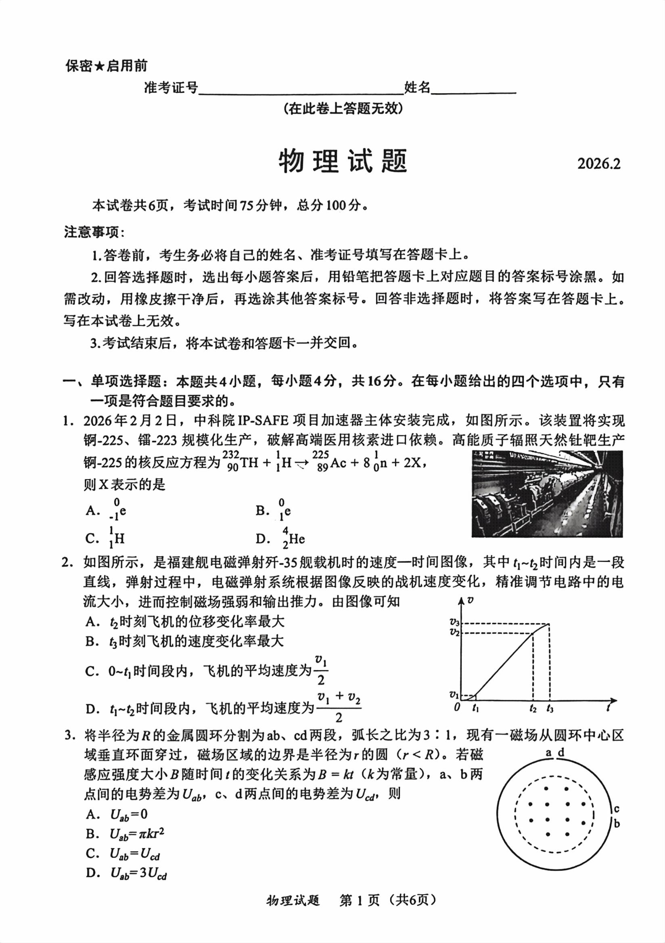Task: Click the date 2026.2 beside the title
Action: click(598, 163)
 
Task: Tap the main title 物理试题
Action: click(343, 161)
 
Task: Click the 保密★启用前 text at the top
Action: click(106, 66)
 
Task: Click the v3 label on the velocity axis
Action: click(454, 623)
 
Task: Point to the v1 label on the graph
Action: click(454, 694)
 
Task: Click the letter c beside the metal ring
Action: click(616, 809)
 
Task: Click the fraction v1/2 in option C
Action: click(320, 671)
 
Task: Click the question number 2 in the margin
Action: click(66, 562)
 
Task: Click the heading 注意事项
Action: click(94, 233)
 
